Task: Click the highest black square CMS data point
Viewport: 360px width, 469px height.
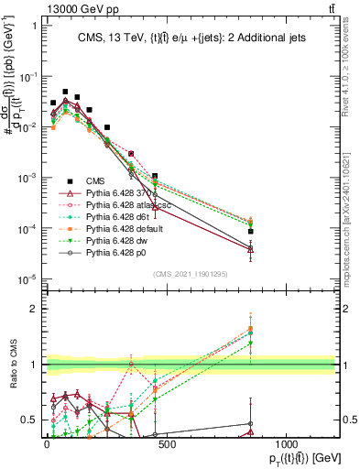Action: point(65,93)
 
